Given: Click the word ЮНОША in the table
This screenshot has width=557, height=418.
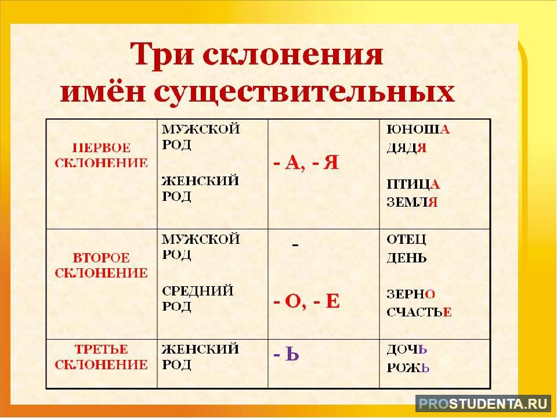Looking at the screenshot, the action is pos(418,129).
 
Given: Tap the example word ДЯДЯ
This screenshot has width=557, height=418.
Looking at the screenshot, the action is pos(406,147).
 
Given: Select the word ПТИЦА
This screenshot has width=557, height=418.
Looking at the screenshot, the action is pos(413,184).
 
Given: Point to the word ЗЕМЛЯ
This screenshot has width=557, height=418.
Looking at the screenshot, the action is pos(412,202).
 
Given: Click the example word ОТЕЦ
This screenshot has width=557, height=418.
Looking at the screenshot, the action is pos(406,240).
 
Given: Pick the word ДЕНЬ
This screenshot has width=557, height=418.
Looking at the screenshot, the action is pos(406,257).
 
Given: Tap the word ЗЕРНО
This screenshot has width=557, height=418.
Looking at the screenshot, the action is pos(411,294).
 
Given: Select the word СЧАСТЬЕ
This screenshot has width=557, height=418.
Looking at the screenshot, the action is pos(419,312).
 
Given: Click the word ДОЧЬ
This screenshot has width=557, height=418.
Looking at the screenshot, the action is pos(407,349).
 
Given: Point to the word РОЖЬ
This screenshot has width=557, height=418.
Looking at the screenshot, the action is pos(408,367).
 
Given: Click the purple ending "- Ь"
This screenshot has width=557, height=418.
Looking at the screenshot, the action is pos(286,354).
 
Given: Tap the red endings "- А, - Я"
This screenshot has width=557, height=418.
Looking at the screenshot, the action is pos(306,163).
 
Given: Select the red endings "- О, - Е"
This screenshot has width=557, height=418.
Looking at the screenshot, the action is pos(306,302).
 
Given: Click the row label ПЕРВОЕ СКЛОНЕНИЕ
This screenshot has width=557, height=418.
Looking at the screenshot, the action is pos(101,156).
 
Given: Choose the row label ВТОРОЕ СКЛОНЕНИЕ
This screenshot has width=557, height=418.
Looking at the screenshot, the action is pos(101,265).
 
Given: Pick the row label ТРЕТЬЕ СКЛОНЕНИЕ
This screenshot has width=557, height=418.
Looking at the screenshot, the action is pos(101,357).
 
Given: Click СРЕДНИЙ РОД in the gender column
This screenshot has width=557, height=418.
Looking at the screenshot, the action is pos(197,298).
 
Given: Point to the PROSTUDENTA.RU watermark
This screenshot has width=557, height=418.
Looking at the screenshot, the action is pos(483,404).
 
